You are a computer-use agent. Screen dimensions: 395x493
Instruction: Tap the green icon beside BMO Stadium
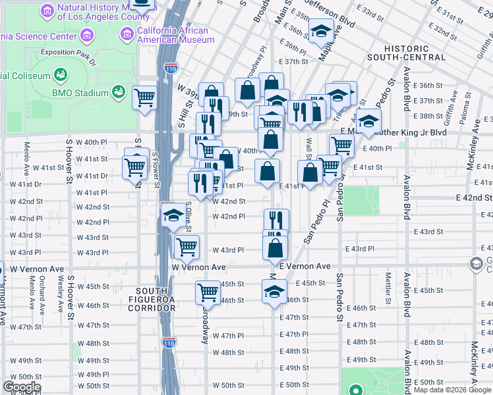point(119,92)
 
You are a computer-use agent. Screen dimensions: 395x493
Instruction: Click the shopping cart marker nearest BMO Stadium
point(144,99)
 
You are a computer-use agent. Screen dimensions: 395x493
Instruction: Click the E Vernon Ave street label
point(304,266)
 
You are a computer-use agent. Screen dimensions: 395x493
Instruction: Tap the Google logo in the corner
point(21,387)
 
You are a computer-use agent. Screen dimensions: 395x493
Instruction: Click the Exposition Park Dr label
point(68,51)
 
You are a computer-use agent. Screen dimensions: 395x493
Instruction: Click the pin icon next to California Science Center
point(86,34)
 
